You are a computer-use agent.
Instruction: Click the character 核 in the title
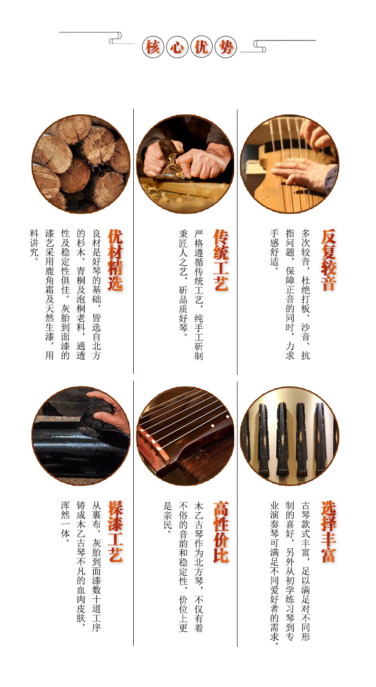coord(153,48)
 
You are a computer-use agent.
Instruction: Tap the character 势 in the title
coord(226,48)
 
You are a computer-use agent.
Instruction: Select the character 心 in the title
coord(177,48)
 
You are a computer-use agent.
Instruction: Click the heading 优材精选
coord(115,260)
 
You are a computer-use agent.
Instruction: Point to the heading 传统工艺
coord(221,260)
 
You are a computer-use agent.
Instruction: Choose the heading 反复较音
coord(328,260)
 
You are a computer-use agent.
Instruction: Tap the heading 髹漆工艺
coord(115,532)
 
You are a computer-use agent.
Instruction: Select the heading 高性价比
coord(221,532)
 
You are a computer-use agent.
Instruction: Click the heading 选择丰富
coord(328,532)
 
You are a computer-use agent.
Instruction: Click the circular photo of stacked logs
coord(81,164)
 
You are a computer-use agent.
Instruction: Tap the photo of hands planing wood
coord(185,164)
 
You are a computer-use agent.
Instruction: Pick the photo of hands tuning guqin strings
coord(289,164)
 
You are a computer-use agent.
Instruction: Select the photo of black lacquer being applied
coord(81,436)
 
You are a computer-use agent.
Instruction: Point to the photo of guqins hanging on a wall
coord(289,436)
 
